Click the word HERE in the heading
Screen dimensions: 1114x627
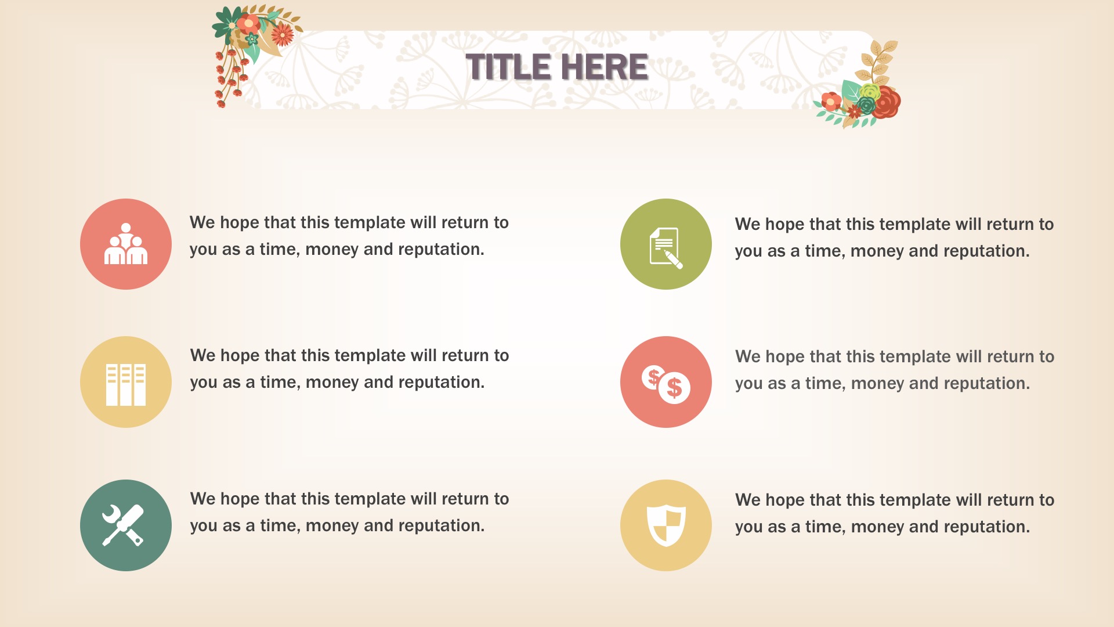[605, 67]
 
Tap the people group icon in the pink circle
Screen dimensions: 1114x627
[126, 244]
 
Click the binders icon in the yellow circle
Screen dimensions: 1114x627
[126, 384]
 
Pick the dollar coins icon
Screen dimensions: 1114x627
[666, 384]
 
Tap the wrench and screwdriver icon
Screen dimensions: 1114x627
[123, 525]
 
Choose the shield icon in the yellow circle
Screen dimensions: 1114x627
[666, 525]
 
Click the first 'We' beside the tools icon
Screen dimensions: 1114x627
[202, 499]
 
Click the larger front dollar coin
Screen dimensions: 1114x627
[674, 387]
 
